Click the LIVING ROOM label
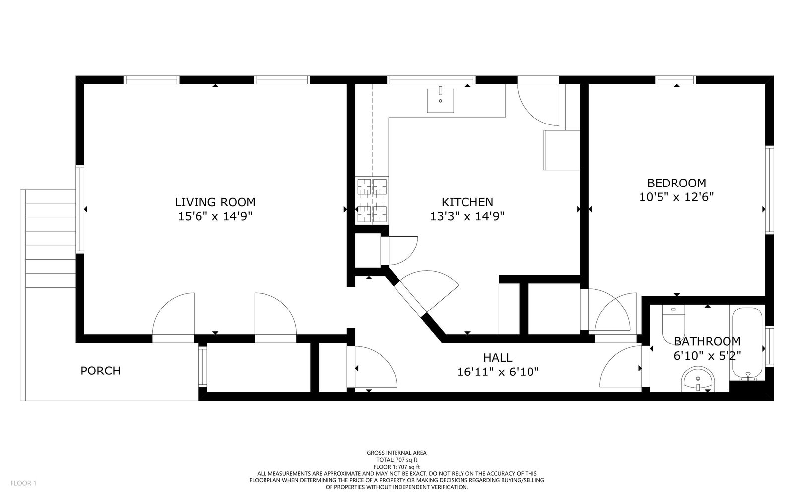[x=215, y=202]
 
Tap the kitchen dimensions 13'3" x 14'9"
[x=467, y=216]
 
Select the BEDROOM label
[x=676, y=183]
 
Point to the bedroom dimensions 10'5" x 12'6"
[x=676, y=196]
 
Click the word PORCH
[x=100, y=371]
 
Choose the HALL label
[x=498, y=358]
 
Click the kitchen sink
[x=440, y=100]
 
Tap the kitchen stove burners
[x=372, y=200]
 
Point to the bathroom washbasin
[x=698, y=379]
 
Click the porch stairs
[x=51, y=239]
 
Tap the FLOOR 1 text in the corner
[x=23, y=483]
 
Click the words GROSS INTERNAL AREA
[x=397, y=453]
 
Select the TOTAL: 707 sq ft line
[x=397, y=460]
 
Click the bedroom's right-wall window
[x=769, y=190]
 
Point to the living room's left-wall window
[x=80, y=209]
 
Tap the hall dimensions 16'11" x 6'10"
[x=498, y=372]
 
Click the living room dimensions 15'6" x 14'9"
[x=215, y=216]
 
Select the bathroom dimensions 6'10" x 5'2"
[x=707, y=355]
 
